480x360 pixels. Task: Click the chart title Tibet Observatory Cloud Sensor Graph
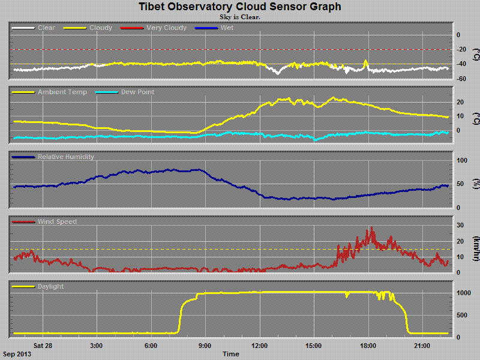click(240, 7)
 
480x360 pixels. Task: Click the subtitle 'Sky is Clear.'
click(240, 17)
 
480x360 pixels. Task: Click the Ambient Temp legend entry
click(62, 92)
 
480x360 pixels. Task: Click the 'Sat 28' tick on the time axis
click(43, 346)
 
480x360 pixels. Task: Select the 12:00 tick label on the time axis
click(260, 346)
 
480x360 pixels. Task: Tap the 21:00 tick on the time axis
click(422, 346)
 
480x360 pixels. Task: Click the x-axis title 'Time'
click(231, 354)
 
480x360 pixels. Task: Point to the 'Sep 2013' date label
click(17, 354)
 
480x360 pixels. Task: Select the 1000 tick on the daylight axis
click(462, 293)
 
